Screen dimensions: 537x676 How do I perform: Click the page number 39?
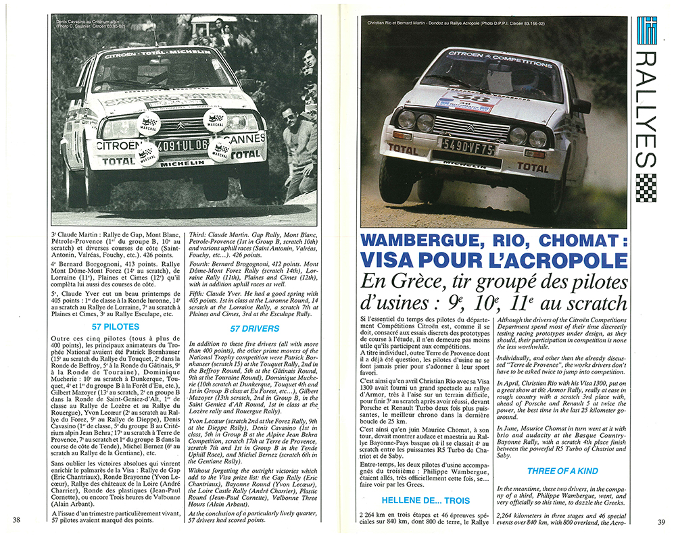[660, 521]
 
